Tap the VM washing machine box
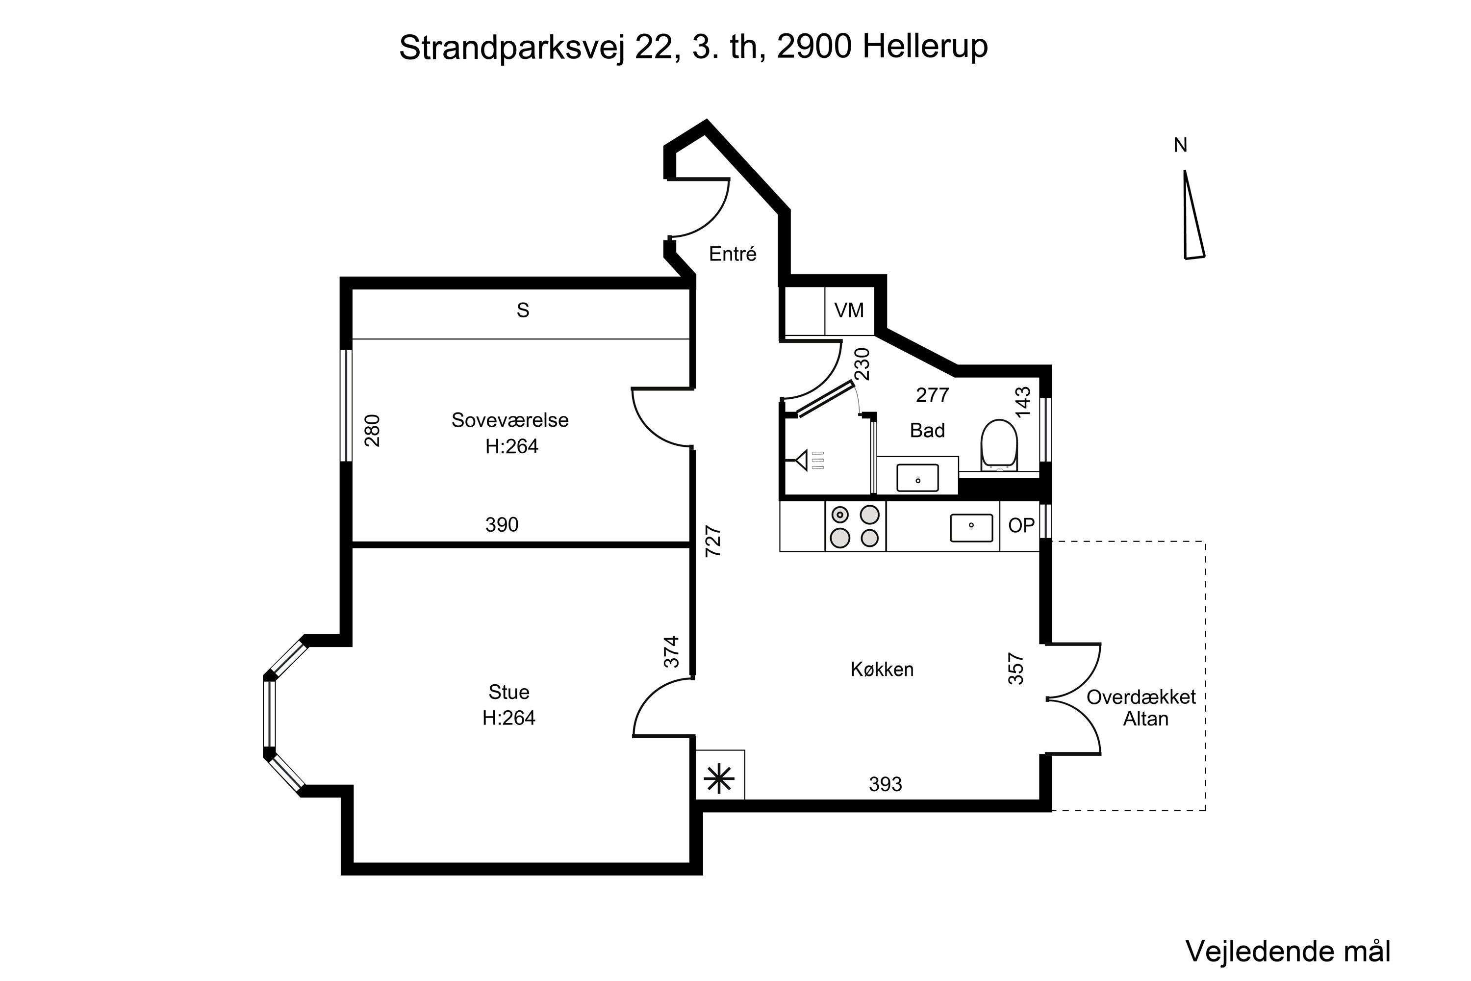point(849,310)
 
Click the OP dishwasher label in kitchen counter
point(1021,525)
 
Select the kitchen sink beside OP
point(971,527)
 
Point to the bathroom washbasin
point(917,477)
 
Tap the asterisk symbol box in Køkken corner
point(719,779)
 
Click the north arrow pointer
point(1192,216)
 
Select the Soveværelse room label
point(510,420)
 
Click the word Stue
point(508,692)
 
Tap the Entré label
point(733,254)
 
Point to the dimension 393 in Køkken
point(885,784)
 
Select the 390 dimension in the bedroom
point(502,524)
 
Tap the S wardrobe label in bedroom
point(523,310)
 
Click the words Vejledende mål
point(1288,952)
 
